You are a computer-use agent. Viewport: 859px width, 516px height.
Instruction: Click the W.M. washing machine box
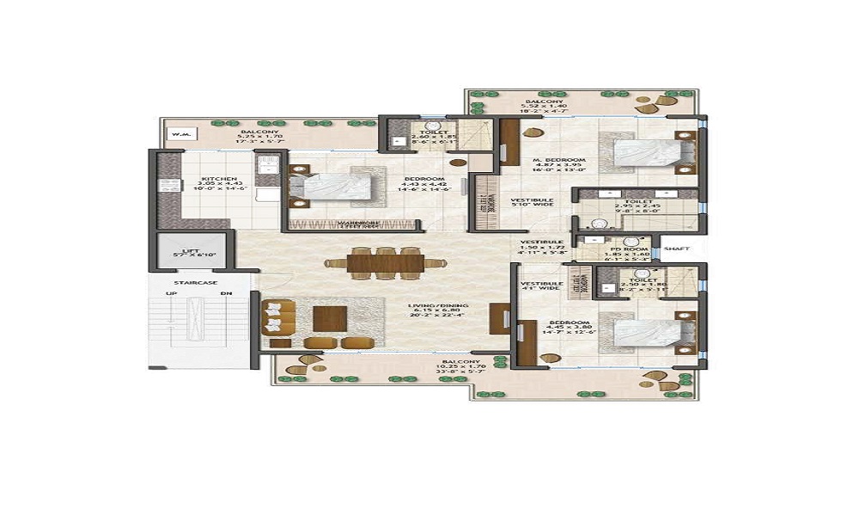[180, 133]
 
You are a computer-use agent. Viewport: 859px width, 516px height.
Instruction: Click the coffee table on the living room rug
[330, 319]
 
